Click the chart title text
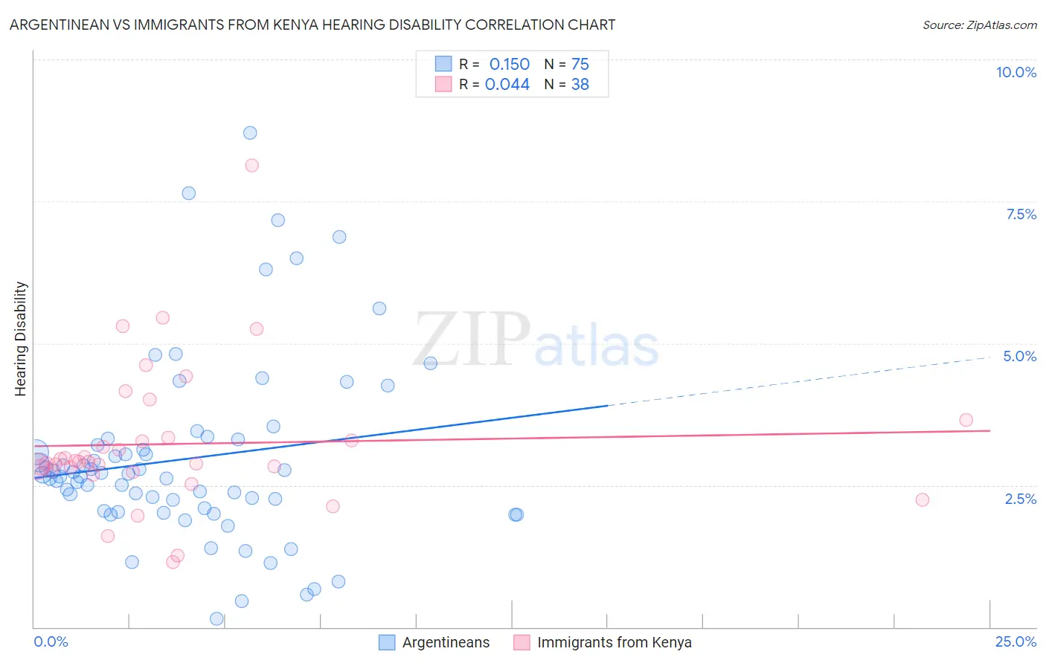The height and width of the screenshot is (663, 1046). [312, 25]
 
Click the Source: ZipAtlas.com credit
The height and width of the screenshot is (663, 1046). [979, 25]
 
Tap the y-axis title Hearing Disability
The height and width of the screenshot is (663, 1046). [20, 339]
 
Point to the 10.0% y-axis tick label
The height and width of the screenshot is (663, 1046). [1015, 72]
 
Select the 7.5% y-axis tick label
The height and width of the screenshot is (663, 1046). [1021, 214]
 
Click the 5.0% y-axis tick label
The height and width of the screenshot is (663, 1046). [1019, 356]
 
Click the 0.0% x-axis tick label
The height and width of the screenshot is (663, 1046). [51, 641]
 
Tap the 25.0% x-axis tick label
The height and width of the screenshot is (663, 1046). [1015, 641]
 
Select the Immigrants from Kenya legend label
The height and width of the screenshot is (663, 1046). [614, 642]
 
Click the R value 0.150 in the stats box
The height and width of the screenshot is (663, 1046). [509, 64]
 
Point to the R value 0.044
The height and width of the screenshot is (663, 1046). [507, 84]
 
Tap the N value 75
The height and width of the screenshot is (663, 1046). [580, 64]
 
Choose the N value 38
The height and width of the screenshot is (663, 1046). [580, 84]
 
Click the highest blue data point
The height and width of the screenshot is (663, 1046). [250, 133]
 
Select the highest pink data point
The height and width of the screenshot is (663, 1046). [251, 165]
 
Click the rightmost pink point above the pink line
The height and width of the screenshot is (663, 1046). [966, 420]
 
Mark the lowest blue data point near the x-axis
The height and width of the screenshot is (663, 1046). [216, 618]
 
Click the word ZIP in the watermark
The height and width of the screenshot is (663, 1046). [472, 340]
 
